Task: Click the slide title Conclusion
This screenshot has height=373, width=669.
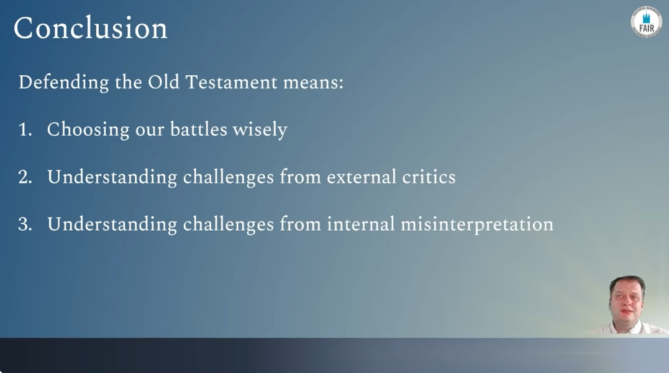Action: coord(91,28)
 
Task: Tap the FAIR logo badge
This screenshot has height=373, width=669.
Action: coord(647,22)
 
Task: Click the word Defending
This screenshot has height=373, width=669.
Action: coord(63,82)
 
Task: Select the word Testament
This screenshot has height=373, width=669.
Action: coord(231,82)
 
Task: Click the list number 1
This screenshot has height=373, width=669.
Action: coord(25,129)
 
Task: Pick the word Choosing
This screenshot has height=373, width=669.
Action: coord(88,129)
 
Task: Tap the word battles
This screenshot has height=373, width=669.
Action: coord(198,129)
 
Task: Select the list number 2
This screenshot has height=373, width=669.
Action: coord(25,177)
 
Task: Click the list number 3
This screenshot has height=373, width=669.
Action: coord(25,224)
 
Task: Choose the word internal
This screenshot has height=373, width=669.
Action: coord(361,224)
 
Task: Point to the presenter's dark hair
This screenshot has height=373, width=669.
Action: coord(626,283)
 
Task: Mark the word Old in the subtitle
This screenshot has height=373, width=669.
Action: coord(163,82)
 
